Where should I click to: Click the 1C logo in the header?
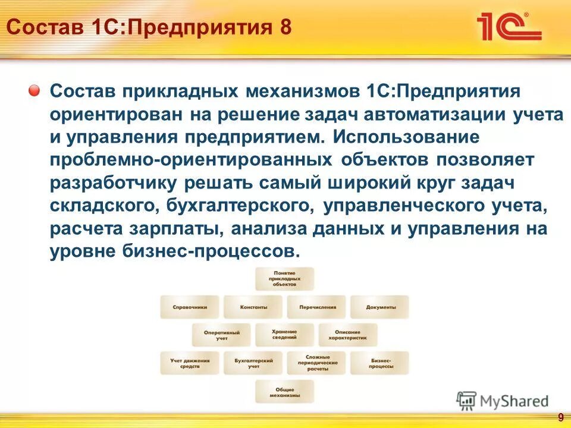click(x=509, y=27)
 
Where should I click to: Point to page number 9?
click(x=560, y=417)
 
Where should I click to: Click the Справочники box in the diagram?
click(x=190, y=307)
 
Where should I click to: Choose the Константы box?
click(x=253, y=307)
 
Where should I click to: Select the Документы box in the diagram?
click(x=380, y=307)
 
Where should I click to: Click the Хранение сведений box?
click(x=284, y=335)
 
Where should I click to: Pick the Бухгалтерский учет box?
click(x=253, y=363)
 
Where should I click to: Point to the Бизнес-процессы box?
click(x=380, y=363)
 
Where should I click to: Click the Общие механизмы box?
click(x=284, y=392)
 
